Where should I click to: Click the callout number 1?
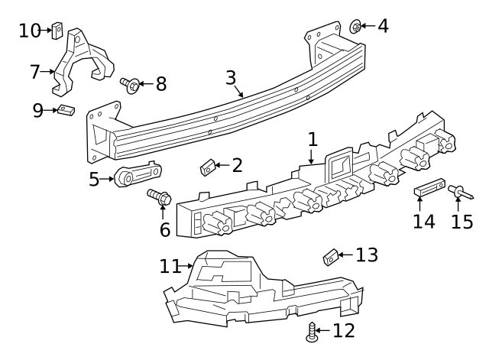tap(312, 140)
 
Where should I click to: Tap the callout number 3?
tap(232, 79)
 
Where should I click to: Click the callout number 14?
tap(423, 222)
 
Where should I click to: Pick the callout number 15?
tap(462, 222)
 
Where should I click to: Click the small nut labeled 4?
tap(356, 27)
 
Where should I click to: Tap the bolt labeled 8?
tap(129, 84)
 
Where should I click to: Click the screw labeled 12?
tap(311, 331)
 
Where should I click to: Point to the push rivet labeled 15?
tap(458, 191)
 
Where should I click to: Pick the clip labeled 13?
tap(330, 257)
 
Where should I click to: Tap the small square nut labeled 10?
tap(57, 31)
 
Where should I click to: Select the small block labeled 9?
tap(66, 111)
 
